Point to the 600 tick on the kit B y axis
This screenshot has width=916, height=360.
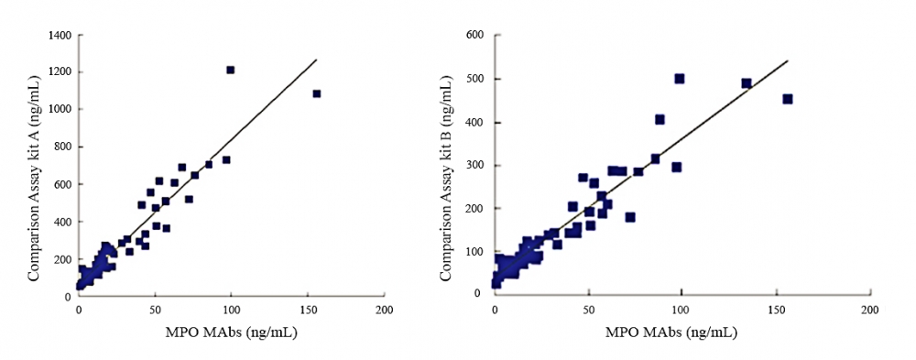[x=476, y=36]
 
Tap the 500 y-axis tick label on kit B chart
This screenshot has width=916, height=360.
[x=476, y=79]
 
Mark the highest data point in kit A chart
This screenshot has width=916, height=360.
[x=231, y=70]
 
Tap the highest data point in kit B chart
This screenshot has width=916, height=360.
[x=680, y=79]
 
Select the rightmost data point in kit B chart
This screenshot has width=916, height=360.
[x=787, y=99]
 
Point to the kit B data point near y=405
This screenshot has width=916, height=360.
[x=660, y=119]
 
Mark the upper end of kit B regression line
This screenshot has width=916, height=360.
[x=788, y=61]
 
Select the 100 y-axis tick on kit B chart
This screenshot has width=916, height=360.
[x=476, y=251]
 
